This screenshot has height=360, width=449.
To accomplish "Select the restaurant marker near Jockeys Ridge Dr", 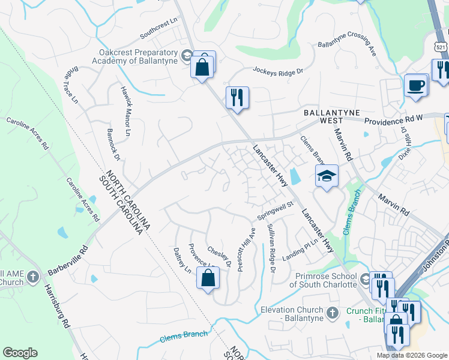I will (x=237, y=97).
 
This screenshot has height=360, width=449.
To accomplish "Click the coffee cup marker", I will (x=415, y=86).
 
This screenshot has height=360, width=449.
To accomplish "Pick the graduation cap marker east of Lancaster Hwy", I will (x=327, y=176).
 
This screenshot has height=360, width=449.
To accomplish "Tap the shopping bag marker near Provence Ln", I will (x=208, y=278).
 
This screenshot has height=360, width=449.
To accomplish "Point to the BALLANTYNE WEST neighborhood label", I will (x=327, y=116).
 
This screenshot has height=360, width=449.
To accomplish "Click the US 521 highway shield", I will (x=441, y=46).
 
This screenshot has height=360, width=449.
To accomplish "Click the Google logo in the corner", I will (x=20, y=353).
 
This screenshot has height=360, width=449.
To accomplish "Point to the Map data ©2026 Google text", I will (x=411, y=355).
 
